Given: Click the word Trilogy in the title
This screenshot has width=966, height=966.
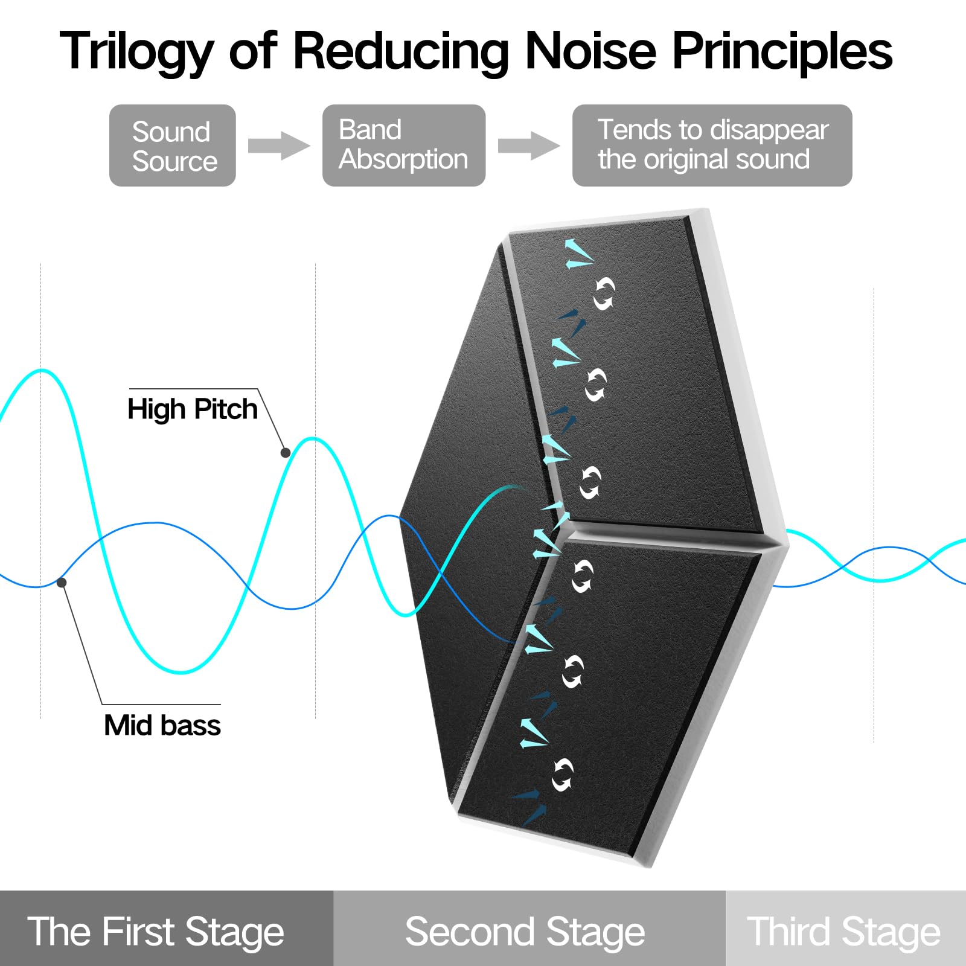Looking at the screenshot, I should tap(136, 52).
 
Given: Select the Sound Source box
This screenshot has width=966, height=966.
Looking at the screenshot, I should tap(173, 146).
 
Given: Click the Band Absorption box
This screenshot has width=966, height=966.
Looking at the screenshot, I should tap(403, 146).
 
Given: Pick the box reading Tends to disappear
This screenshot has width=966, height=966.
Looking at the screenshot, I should tap(712, 146).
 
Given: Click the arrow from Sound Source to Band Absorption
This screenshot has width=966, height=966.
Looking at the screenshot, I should tap(278, 146).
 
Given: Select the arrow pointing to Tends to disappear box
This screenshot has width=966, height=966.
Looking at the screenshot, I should tap(528, 146).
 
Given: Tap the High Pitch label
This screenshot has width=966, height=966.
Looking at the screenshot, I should tap(192, 409).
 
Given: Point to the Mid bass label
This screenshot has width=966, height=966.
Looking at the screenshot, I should tap(162, 725).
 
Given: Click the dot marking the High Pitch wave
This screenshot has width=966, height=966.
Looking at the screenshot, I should tap(286, 452).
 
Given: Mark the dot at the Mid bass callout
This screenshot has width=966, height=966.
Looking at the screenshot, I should tap(62, 582).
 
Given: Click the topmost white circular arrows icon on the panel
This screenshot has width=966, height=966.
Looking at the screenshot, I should tap(604, 294).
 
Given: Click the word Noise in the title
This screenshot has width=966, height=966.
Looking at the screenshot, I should tap(590, 51).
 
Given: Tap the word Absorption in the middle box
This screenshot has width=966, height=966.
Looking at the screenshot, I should tap(403, 160).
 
